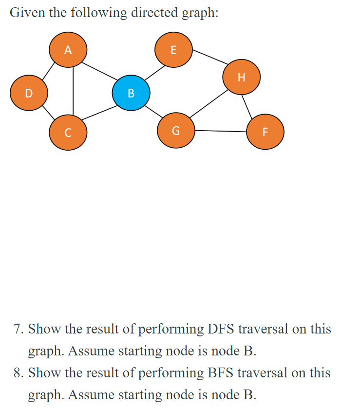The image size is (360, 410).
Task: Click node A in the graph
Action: click(x=68, y=49)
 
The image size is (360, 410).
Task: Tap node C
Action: click(x=68, y=132)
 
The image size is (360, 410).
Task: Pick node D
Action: click(x=29, y=92)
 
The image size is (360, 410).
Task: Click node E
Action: click(x=173, y=49)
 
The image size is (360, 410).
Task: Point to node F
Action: click(x=265, y=132)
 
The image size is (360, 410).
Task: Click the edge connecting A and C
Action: click(x=73, y=90)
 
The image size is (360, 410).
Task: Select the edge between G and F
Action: click(x=221, y=131)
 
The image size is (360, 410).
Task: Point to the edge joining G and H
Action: click(x=209, y=103)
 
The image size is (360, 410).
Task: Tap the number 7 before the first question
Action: click(x=17, y=329)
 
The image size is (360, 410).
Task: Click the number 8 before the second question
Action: click(x=17, y=373)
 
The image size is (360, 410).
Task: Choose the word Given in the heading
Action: click(x=25, y=13)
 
